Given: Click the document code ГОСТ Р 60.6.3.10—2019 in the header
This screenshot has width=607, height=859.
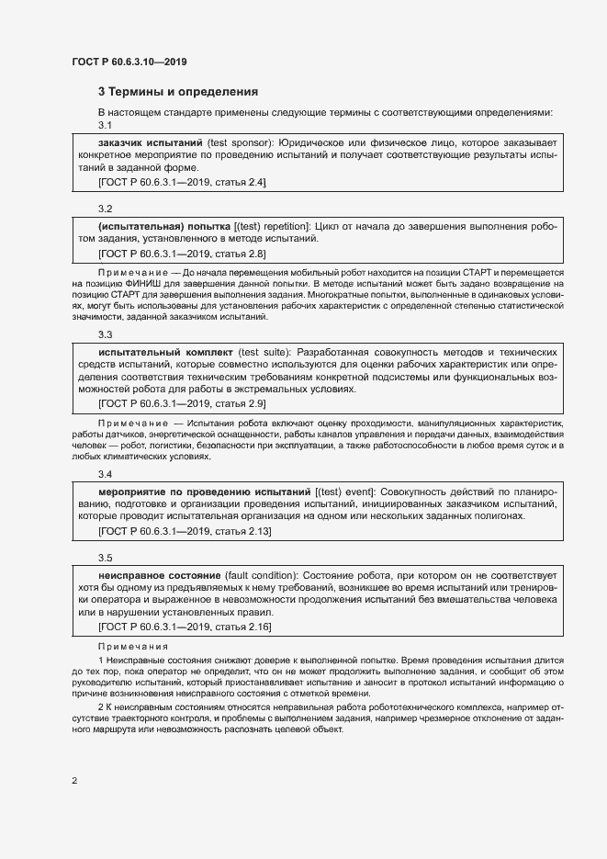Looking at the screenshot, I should point(129,62).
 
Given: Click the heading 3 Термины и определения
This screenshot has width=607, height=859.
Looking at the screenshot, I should point(178,92).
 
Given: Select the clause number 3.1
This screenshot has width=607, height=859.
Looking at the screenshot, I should point(105,125).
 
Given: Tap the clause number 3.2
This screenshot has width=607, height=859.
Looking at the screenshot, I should point(105,209).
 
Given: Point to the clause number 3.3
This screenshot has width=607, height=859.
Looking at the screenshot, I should point(105,335).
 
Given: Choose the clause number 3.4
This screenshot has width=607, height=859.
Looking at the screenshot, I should point(105,474).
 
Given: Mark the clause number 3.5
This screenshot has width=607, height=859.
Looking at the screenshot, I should point(105,558).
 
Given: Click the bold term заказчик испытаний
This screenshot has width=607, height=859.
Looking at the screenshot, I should point(150,143).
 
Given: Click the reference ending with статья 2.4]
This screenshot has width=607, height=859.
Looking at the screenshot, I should point(182,183).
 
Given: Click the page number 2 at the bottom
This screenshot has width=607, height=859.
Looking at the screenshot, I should point(74,781).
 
